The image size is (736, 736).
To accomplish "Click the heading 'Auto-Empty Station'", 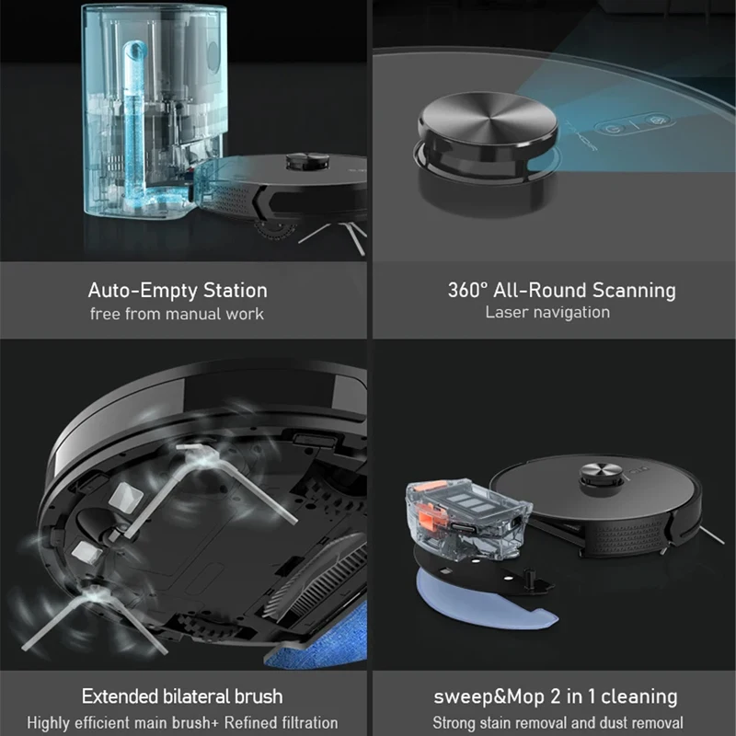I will point(178,291).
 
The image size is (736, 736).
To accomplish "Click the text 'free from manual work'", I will point(177,314).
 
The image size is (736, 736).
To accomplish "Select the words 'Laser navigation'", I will point(547,312).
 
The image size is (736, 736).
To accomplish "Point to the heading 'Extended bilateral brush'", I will point(181,696).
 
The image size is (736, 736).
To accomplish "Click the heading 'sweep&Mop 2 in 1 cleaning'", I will point(555,696).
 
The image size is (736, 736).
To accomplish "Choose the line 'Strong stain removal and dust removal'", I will point(558,723).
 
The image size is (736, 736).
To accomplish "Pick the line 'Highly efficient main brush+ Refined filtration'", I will point(181,723).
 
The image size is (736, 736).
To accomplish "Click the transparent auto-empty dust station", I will point(147,110).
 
